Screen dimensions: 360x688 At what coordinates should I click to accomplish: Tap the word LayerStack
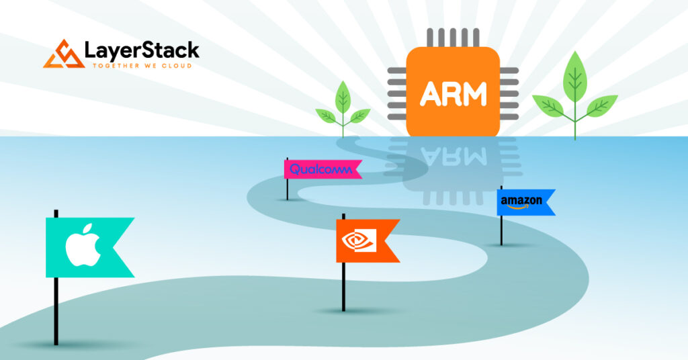142,50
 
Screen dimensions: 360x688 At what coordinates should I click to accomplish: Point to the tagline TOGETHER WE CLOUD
142,66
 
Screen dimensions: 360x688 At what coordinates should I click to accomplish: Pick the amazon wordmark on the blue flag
521,200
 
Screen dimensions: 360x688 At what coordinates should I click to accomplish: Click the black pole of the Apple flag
56,309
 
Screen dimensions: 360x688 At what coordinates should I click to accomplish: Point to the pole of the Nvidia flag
343,285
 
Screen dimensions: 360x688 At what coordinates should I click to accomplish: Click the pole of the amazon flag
501,228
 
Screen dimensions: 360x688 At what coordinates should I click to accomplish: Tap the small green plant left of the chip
343,111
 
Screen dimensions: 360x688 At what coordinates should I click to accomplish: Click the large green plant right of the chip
574,97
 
